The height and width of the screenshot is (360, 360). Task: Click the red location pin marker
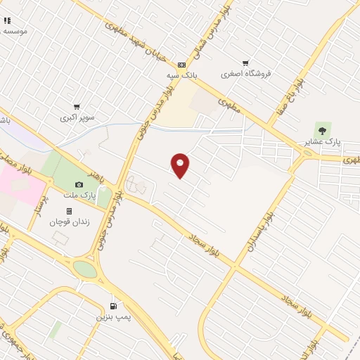[x=181, y=165]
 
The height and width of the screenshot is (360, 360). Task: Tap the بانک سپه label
[x=181, y=74]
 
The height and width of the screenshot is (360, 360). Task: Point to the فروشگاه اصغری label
[x=245, y=74]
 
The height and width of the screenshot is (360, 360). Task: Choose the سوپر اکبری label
[x=77, y=117]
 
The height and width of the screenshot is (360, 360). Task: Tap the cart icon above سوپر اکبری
[x=77, y=106]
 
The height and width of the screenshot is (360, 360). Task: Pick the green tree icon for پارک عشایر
[x=322, y=130]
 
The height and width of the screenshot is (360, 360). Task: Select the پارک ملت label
[x=79, y=194]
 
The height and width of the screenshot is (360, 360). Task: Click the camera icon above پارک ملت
[x=79, y=184]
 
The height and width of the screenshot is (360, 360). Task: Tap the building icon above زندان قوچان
[x=69, y=211]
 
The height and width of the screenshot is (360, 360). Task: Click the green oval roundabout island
[x=85, y=269]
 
